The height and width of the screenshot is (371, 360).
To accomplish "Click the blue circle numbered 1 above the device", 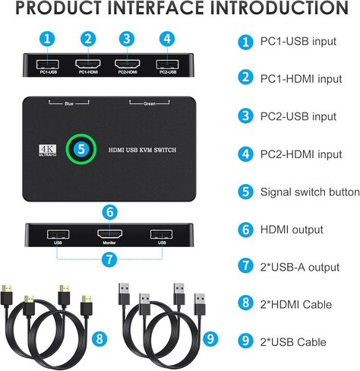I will [x=48, y=38].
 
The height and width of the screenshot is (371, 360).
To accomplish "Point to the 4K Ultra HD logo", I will [x=44, y=150].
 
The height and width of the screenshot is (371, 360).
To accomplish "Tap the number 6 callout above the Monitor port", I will [x=109, y=212].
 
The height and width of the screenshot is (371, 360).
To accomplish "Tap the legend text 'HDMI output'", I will [x=292, y=229].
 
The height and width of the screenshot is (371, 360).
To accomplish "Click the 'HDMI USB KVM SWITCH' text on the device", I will [x=140, y=150].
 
